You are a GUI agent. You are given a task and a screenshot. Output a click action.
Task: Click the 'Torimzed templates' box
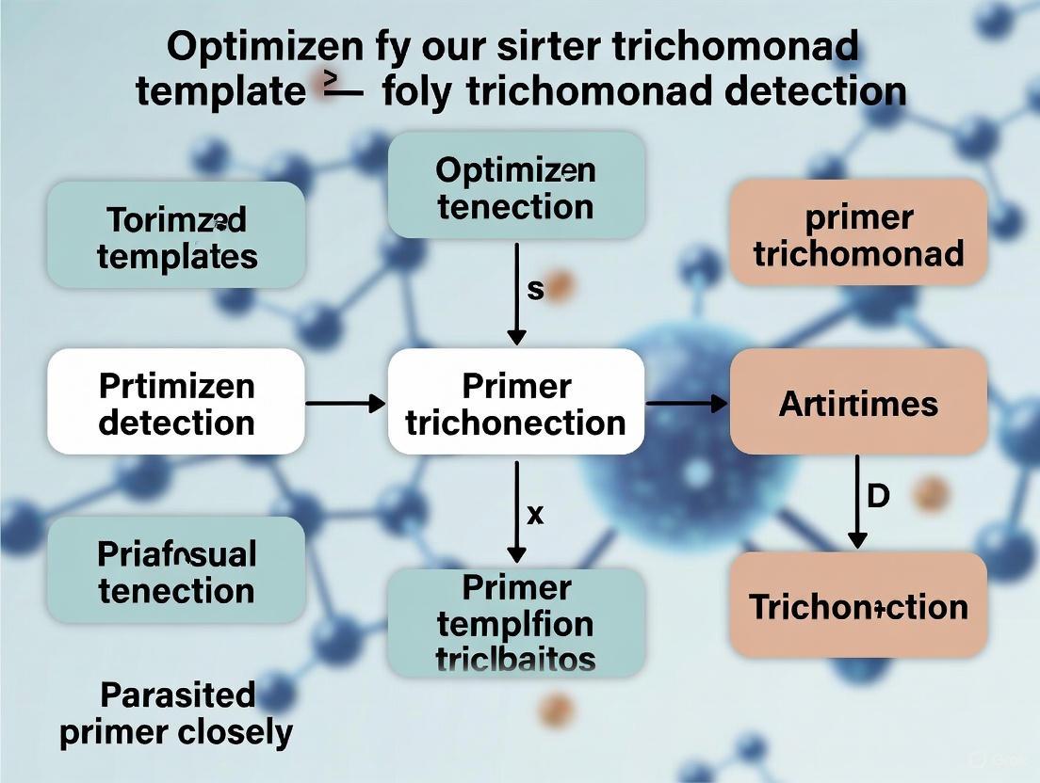click(x=176, y=235)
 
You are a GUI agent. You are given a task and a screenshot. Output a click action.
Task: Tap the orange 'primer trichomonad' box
click(x=859, y=233)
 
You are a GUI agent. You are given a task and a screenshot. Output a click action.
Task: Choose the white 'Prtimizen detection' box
click(x=176, y=403)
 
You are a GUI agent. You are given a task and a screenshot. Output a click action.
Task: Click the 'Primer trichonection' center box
click(x=516, y=403)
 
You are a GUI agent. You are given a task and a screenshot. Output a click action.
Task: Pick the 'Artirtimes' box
click(x=859, y=403)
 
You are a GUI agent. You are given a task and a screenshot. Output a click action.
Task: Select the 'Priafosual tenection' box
click(x=176, y=571)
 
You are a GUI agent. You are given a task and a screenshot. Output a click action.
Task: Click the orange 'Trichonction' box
click(x=859, y=605)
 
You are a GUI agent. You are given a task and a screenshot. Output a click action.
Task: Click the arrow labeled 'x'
click(x=516, y=512)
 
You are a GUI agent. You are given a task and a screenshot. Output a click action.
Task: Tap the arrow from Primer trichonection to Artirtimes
click(x=687, y=404)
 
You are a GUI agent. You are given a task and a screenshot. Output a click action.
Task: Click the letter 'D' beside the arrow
click(x=877, y=496)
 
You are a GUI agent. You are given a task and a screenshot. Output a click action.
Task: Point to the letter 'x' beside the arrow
click(x=535, y=514)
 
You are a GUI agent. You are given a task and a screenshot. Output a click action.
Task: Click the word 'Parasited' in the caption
click(x=177, y=695)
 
